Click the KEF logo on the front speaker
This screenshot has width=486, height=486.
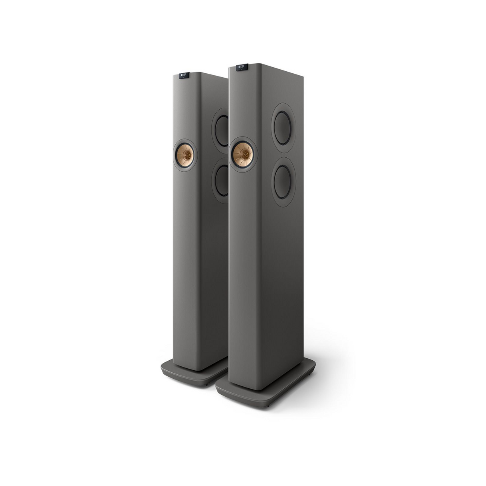(241, 66)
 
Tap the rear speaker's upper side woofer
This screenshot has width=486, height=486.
(221, 131)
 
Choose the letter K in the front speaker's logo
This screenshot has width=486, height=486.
(239, 66)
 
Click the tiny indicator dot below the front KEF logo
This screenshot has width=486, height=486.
(241, 71)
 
